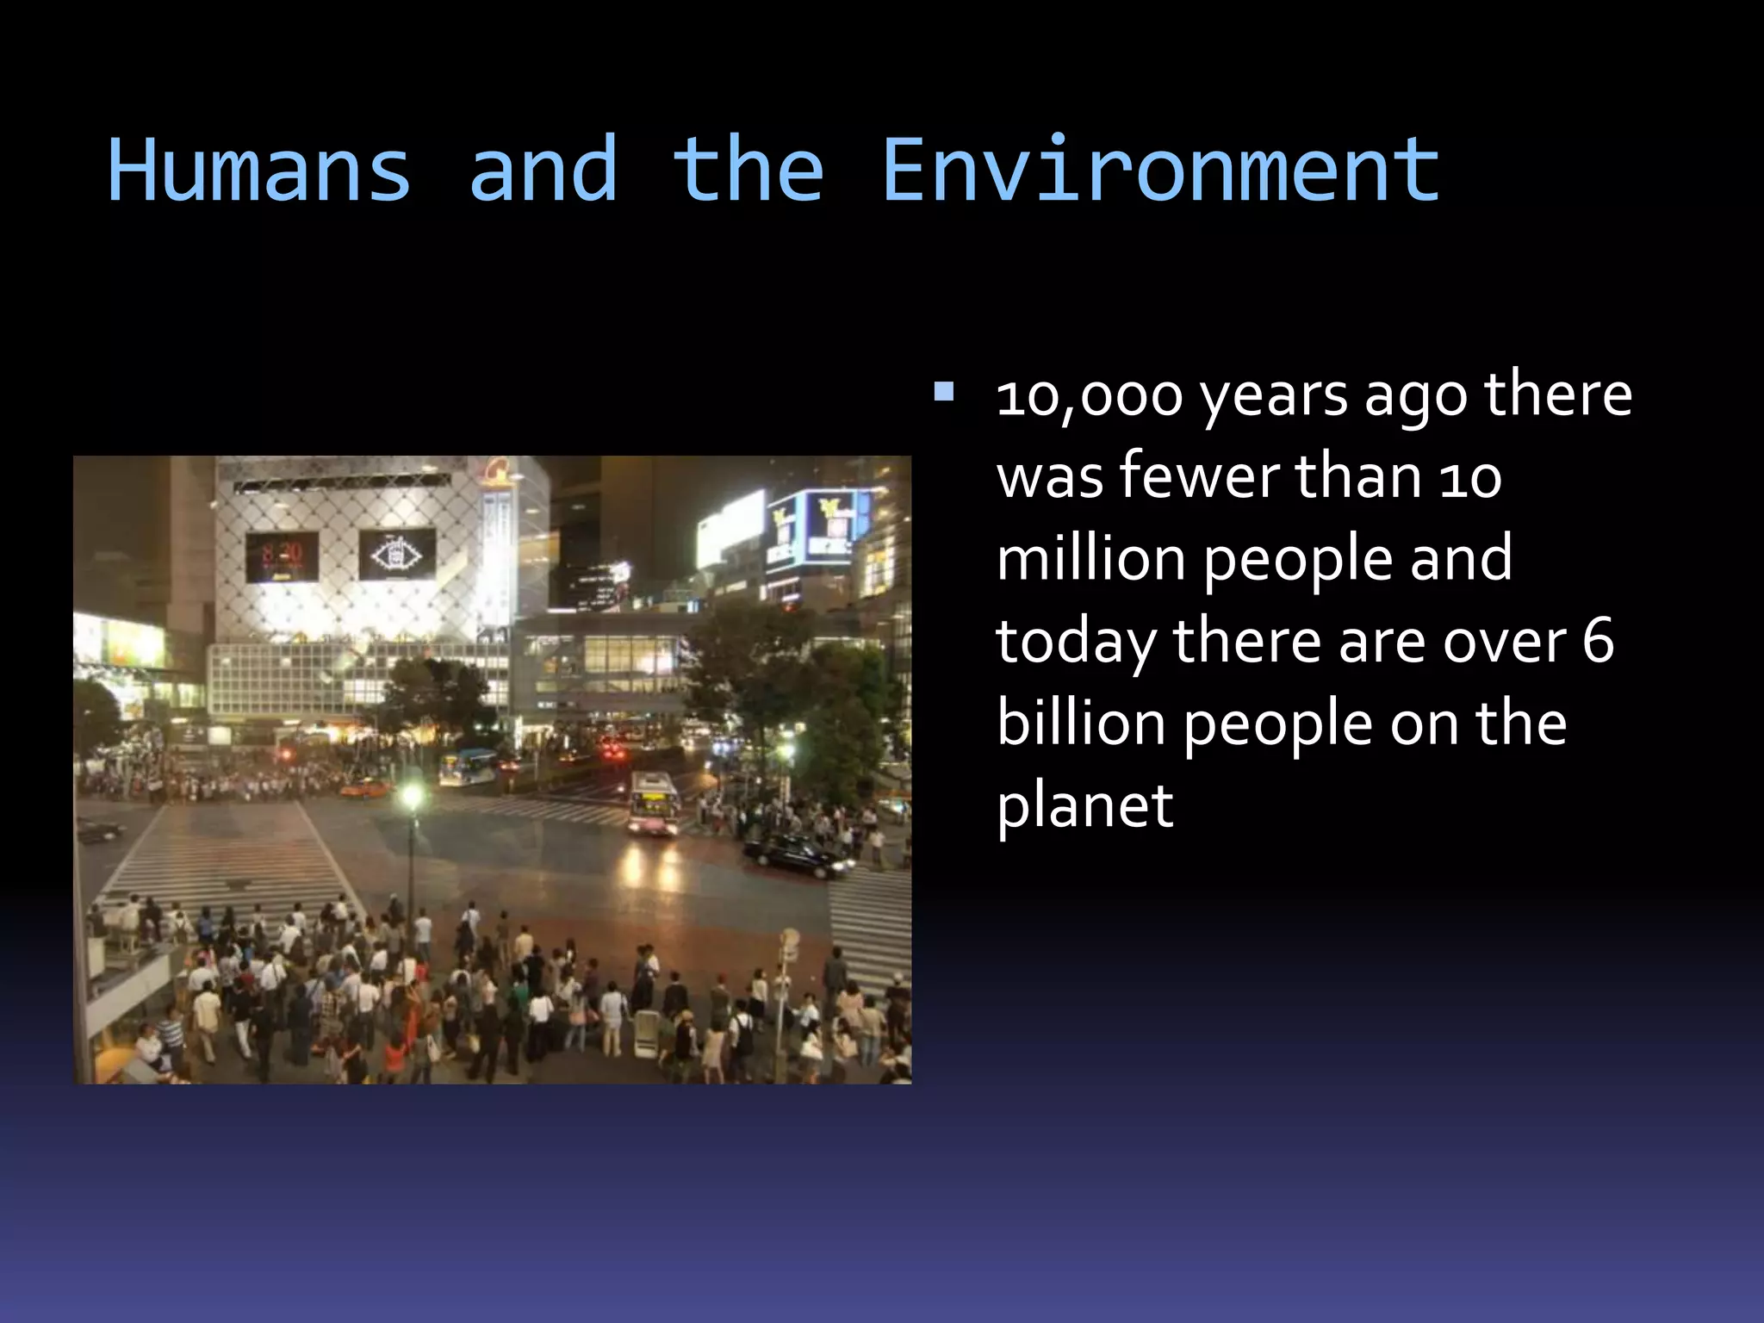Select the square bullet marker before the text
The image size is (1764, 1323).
point(944,393)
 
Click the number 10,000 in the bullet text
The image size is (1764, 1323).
point(1089,397)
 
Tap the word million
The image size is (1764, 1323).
point(1090,559)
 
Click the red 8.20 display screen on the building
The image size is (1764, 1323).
point(283,556)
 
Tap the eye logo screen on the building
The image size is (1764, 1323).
point(396,554)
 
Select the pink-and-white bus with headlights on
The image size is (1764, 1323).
point(653,804)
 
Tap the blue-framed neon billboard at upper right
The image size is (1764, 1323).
point(823,525)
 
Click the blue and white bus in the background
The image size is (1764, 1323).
point(467,766)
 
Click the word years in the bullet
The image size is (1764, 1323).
point(1275,397)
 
